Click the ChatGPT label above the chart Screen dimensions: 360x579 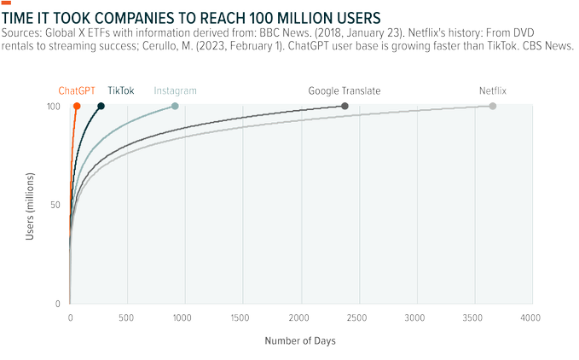click(76, 90)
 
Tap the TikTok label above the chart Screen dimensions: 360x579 click(122, 90)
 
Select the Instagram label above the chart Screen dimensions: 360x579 click(175, 90)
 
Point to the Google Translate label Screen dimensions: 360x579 click(345, 90)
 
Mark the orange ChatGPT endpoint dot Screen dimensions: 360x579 click(77, 106)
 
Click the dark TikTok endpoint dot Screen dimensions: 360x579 click(101, 106)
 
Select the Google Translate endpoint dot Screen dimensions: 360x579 click(345, 106)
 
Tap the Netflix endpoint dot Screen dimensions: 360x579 click(493, 106)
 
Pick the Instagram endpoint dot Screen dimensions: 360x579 click(175, 106)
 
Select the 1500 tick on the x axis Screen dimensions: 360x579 click(243, 317)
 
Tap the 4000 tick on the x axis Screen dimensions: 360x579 click(531, 317)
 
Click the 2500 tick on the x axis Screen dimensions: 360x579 click(359, 317)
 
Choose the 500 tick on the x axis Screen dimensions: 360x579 click(128, 317)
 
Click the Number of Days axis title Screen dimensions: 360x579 click(299, 340)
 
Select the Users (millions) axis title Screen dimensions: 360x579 click(31, 205)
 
